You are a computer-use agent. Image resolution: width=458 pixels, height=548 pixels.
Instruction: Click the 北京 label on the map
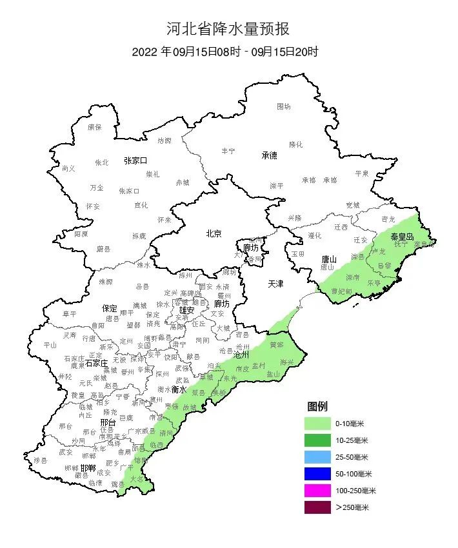[214, 233]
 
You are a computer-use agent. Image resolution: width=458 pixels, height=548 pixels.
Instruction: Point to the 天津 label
[275, 284]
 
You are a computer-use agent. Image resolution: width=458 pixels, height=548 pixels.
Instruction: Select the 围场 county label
[284, 106]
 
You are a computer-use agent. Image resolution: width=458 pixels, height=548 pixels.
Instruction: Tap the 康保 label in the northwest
[95, 127]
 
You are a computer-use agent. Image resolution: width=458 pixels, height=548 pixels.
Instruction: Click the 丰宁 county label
[228, 151]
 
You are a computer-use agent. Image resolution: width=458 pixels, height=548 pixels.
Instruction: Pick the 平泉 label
[362, 173]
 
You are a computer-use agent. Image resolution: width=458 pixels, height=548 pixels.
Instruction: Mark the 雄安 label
[186, 310]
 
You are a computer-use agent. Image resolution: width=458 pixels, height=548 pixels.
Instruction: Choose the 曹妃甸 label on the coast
[342, 291]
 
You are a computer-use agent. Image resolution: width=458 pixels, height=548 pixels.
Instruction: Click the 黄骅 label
[276, 344]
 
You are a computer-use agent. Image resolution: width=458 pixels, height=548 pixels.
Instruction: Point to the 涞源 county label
[106, 282]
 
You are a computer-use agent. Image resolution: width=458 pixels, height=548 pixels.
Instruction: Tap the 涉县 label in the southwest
[41, 460]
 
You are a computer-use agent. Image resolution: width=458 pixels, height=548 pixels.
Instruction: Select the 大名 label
[136, 479]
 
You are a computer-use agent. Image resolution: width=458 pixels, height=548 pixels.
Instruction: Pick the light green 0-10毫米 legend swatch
[318, 424]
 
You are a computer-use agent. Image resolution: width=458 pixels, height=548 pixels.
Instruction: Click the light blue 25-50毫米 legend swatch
[318, 457]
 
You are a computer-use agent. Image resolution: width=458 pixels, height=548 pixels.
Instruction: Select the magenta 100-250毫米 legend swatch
[318, 491]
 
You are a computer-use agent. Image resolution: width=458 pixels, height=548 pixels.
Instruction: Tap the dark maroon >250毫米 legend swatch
[318, 507]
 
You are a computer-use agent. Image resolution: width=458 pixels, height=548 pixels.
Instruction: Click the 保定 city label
[110, 308]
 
